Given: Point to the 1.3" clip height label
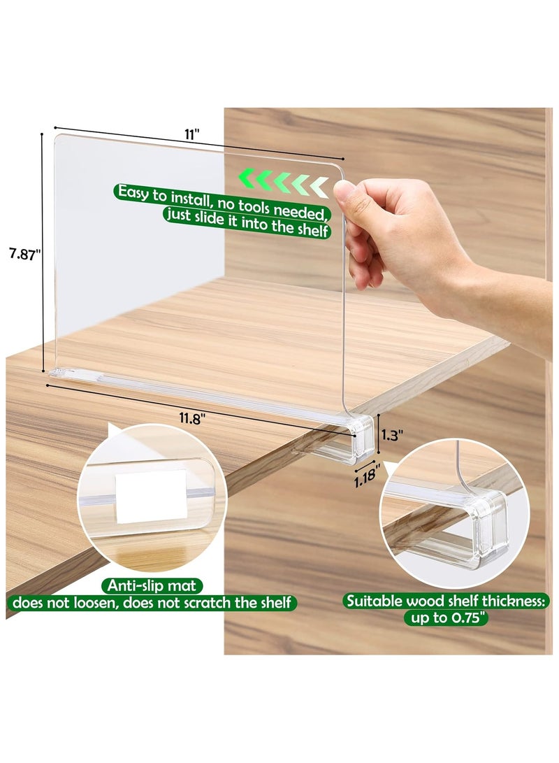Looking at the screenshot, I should [x=393, y=434].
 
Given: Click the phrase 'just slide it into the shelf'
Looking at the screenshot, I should [x=246, y=229].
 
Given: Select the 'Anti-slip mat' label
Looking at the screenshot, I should [x=152, y=585].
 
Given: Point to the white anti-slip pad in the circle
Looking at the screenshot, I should [x=151, y=495].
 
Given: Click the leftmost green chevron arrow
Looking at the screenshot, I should [x=245, y=180].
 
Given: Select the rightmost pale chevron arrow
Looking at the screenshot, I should [x=319, y=186].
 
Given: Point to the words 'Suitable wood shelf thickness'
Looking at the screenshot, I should [x=447, y=601].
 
